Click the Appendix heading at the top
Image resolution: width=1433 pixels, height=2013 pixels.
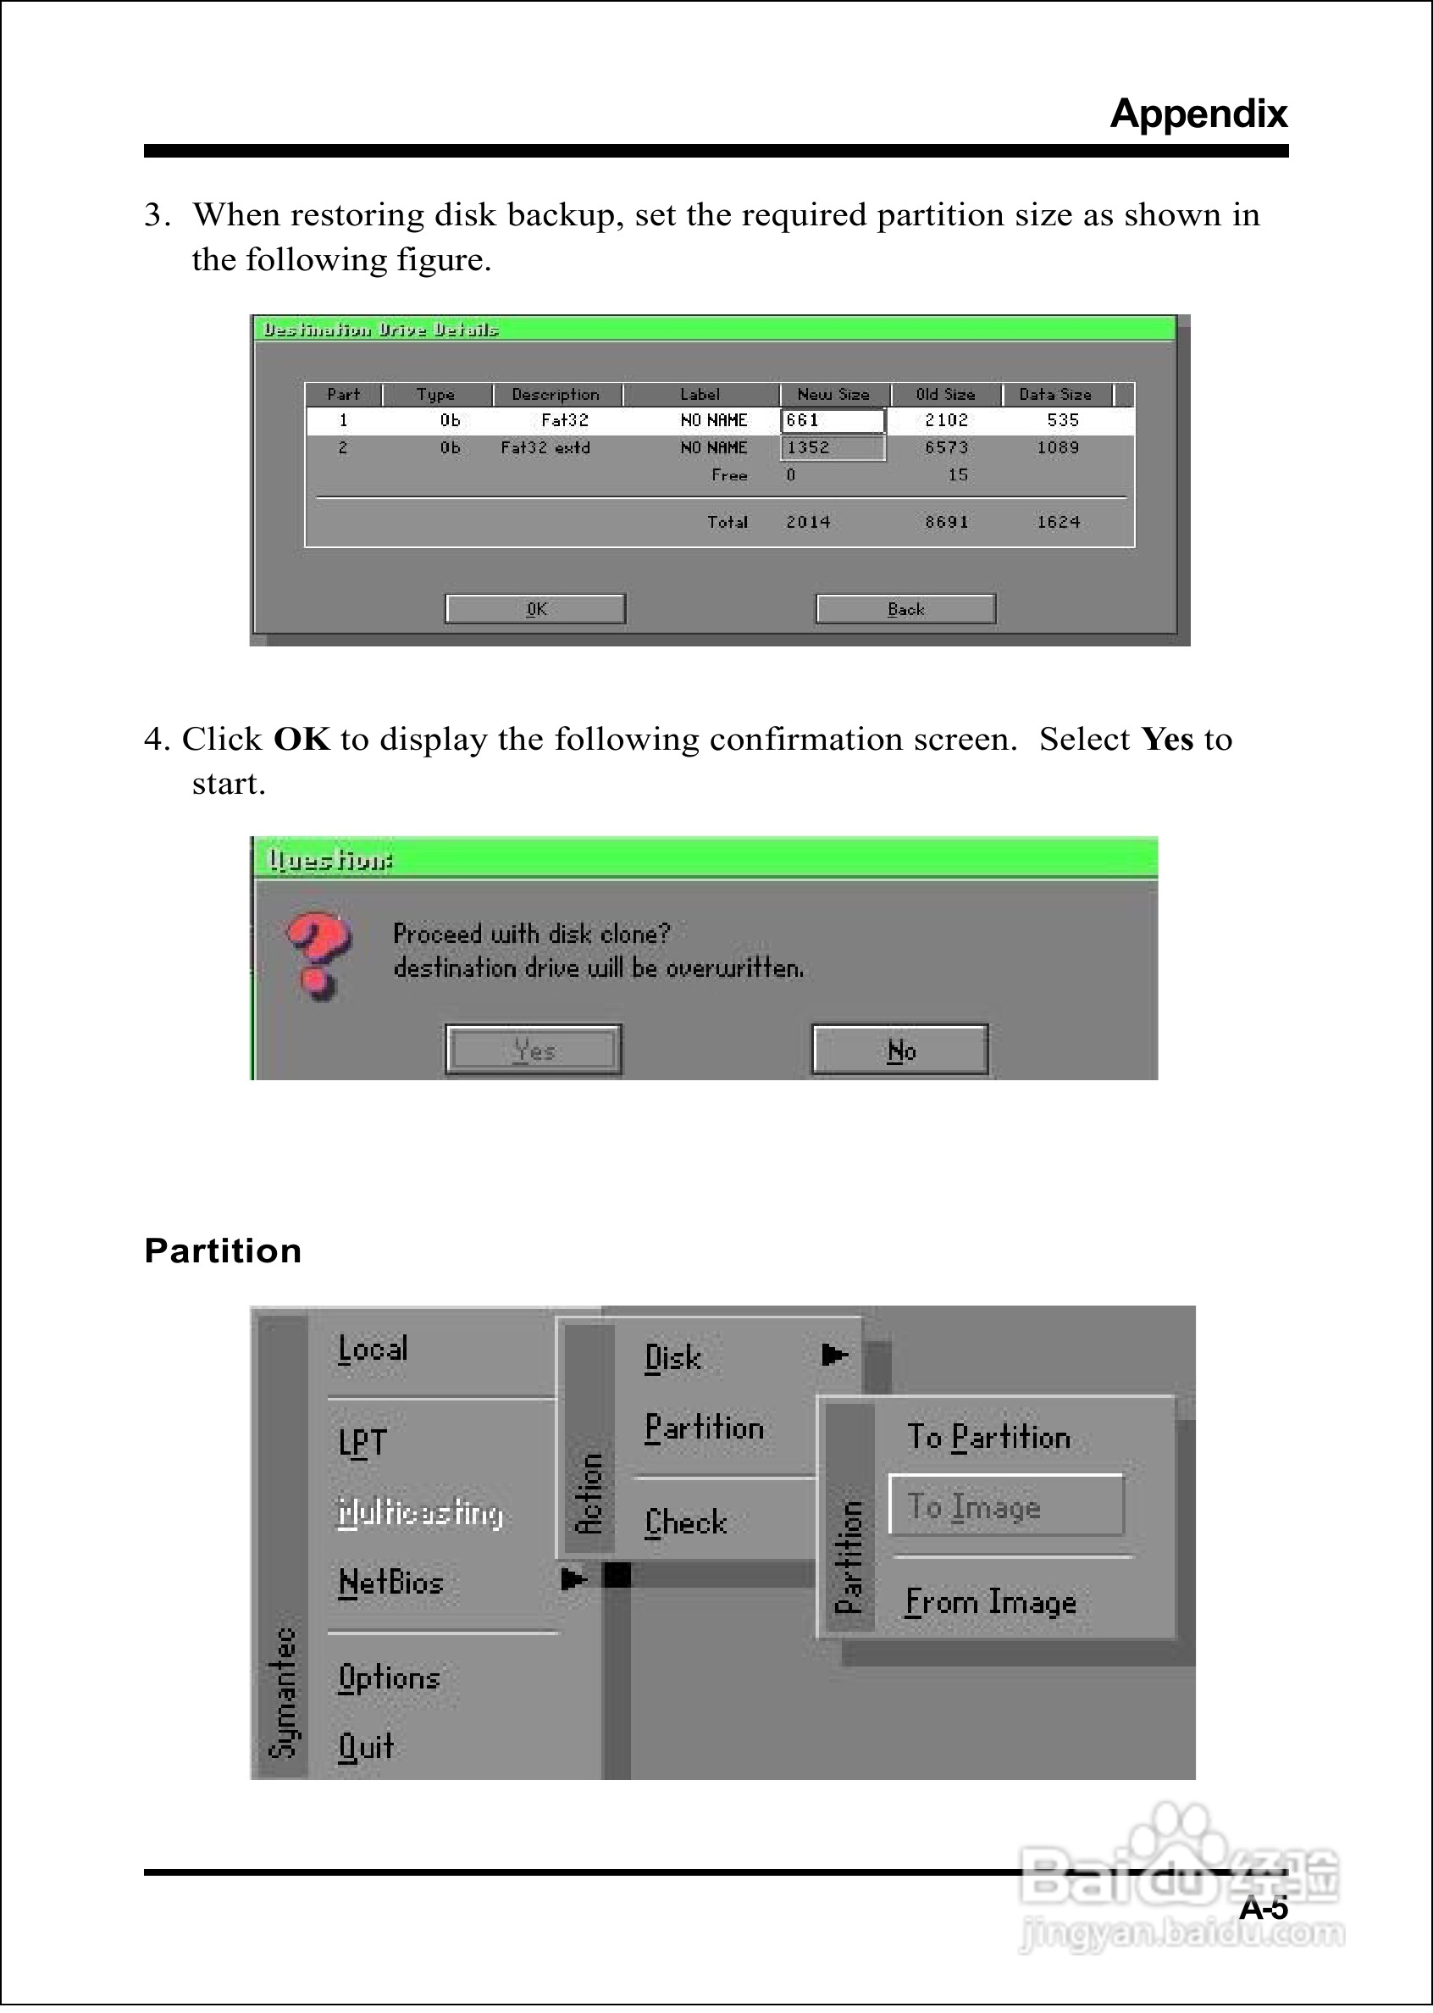(1198, 114)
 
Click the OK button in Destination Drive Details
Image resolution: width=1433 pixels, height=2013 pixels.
(535, 609)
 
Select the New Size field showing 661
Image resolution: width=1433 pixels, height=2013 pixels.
(832, 421)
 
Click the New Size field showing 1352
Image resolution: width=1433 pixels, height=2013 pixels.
(832, 448)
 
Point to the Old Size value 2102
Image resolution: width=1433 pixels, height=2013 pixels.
(946, 421)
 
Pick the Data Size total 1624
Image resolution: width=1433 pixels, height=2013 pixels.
(1058, 523)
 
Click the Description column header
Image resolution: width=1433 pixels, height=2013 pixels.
(555, 395)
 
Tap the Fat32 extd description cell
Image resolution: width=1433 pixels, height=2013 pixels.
(545, 448)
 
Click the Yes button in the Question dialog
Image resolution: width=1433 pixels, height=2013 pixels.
(534, 1051)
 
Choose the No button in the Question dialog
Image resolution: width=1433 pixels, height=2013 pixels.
(900, 1051)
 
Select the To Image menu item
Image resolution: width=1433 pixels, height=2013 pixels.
(1005, 1506)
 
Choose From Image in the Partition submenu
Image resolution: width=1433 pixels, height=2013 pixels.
(990, 1602)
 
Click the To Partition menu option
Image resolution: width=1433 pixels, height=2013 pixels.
(988, 1438)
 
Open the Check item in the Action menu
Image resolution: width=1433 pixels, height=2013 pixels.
(686, 1522)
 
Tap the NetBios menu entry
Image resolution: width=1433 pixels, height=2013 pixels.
(390, 1583)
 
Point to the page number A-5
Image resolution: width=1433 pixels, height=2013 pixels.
(1263, 1909)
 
